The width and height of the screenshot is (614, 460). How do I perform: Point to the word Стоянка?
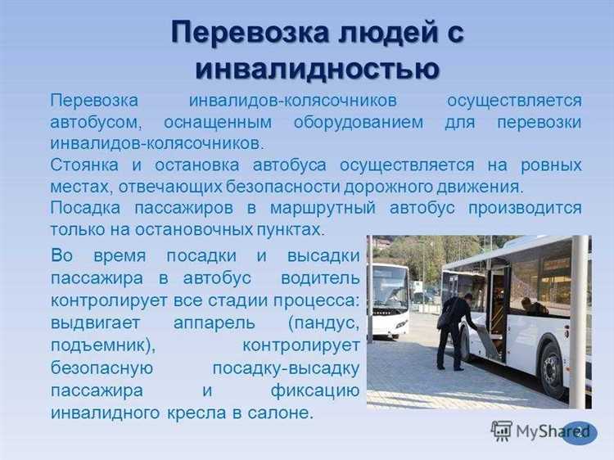pos(85,165)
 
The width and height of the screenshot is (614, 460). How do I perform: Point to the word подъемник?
pos(105,341)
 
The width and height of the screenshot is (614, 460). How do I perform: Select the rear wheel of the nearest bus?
pos(554,368)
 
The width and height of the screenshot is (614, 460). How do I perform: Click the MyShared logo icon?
pos(502,431)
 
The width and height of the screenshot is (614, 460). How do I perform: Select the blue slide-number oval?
pos(580,431)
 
